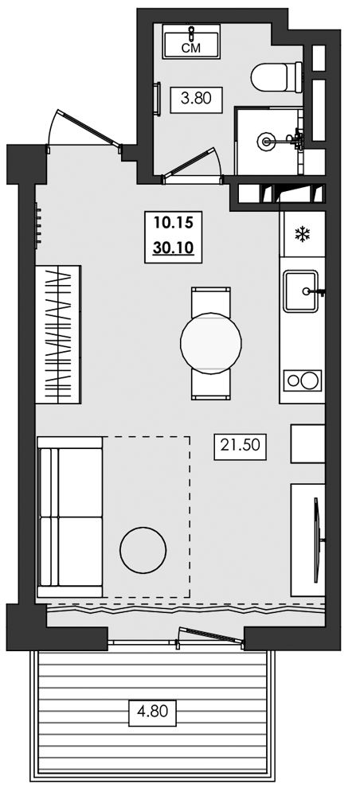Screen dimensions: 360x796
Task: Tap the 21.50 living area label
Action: (x=241, y=445)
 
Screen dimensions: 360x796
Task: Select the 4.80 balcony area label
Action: (x=152, y=707)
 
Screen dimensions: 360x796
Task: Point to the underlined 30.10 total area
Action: (x=173, y=248)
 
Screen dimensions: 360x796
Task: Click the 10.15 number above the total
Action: (x=173, y=222)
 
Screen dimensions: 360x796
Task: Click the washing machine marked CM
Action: (x=191, y=41)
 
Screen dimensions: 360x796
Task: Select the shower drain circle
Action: (x=265, y=140)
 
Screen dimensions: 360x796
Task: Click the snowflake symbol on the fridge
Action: (x=303, y=234)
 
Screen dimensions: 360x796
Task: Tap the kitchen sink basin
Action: (x=301, y=291)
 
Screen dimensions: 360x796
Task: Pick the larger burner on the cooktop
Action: (x=309, y=380)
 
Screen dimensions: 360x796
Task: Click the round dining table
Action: (x=211, y=343)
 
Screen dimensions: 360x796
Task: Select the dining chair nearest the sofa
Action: (x=211, y=384)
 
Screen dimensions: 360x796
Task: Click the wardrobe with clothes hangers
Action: (x=58, y=334)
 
